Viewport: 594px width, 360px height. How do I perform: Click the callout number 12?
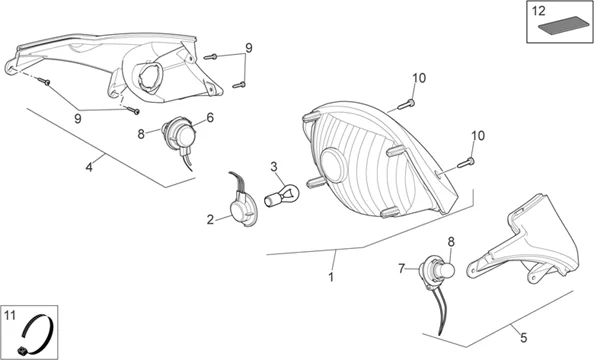[x=538, y=11]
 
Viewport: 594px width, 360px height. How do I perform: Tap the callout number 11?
[x=10, y=315]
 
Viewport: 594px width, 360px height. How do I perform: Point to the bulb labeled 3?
[x=282, y=194]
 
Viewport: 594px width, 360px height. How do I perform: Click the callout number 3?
[x=274, y=166]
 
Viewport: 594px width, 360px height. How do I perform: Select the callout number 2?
[x=210, y=219]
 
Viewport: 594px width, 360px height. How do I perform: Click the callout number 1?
[x=331, y=277]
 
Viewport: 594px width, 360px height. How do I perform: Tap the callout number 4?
[x=89, y=167]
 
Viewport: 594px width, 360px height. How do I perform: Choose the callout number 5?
[x=524, y=338]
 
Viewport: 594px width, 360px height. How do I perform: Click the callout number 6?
[x=210, y=118]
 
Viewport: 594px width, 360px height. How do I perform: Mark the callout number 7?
[x=402, y=269]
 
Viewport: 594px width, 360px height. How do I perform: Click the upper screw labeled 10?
[x=406, y=103]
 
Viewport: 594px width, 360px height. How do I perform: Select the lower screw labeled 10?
[x=466, y=163]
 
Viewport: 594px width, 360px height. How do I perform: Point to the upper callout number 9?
[x=249, y=48]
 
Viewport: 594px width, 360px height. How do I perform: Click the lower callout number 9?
[x=78, y=119]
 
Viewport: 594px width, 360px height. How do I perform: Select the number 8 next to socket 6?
[x=141, y=134]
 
